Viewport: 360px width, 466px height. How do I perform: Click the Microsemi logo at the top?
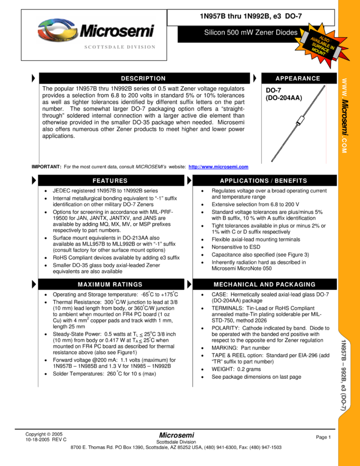[96, 30]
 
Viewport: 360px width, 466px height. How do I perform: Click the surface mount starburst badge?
[322, 42]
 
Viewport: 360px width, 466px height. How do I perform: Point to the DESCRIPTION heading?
[143, 78]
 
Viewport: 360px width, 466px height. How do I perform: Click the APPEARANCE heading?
[298, 78]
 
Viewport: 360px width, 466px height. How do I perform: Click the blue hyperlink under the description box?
[219, 167]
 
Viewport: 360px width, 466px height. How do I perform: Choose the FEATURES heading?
[110, 181]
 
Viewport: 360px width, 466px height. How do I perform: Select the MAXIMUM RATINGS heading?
[110, 285]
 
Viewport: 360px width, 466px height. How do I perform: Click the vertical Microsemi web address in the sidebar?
[345, 116]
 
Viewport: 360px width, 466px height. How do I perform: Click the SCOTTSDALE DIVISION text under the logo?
[120, 48]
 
